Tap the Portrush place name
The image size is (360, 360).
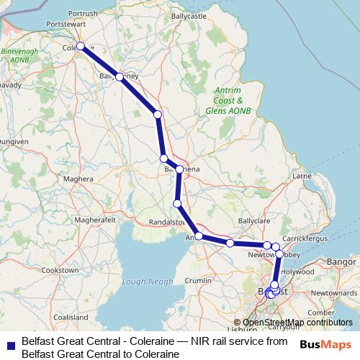click(82, 14)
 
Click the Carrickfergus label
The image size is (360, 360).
click(306, 237)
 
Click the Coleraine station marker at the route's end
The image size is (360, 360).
click(81, 46)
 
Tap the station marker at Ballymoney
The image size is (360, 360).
click(119, 76)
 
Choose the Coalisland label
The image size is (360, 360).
click(70, 316)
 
